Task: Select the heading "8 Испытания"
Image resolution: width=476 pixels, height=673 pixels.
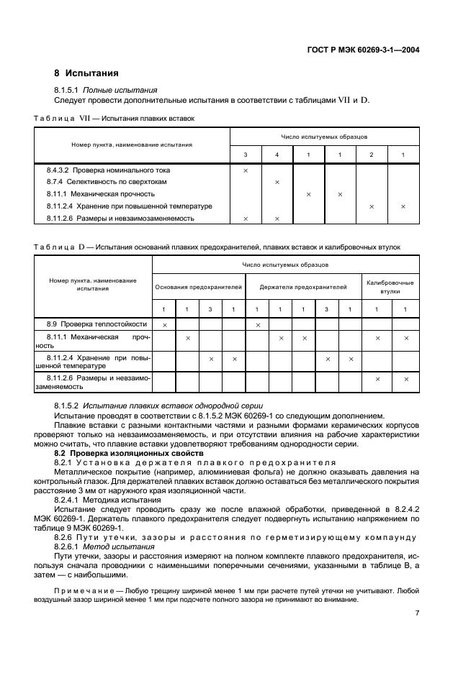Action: click(86, 73)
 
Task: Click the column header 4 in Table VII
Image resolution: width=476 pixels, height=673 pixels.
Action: click(277, 155)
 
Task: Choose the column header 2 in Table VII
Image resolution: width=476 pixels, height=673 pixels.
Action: click(372, 155)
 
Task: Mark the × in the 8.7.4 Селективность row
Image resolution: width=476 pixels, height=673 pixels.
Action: click(277, 183)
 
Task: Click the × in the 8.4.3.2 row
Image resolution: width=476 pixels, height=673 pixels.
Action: click(246, 170)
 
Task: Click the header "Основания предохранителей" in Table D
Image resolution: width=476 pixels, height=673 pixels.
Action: click(199, 286)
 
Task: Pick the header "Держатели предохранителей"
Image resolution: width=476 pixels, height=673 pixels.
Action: click(303, 286)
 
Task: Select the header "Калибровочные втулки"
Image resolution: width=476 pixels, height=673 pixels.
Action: click(390, 286)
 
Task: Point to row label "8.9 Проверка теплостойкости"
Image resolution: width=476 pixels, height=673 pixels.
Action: click(94, 325)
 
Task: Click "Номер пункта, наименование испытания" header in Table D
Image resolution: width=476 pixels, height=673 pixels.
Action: click(93, 284)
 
